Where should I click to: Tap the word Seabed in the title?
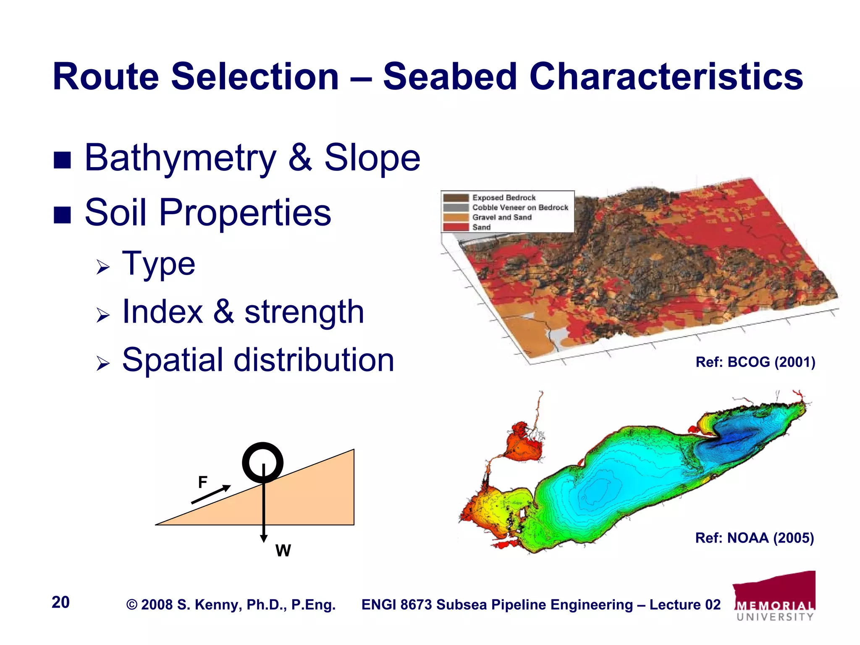(449, 76)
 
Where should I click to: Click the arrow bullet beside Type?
(103, 267)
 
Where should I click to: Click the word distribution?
(314, 360)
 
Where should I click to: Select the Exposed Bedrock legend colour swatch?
(456, 197)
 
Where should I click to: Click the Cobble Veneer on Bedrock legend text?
(520, 207)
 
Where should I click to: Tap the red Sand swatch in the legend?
(456, 227)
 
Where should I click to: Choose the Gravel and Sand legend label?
(502, 217)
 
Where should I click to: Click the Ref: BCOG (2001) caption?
(755, 362)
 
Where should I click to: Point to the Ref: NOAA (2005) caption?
(754, 538)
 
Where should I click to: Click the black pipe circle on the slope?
(263, 462)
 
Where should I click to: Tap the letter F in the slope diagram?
(202, 482)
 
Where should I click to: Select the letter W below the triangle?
(283, 551)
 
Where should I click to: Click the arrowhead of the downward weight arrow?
(264, 538)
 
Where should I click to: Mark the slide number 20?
(60, 602)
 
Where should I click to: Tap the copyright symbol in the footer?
(132, 605)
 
